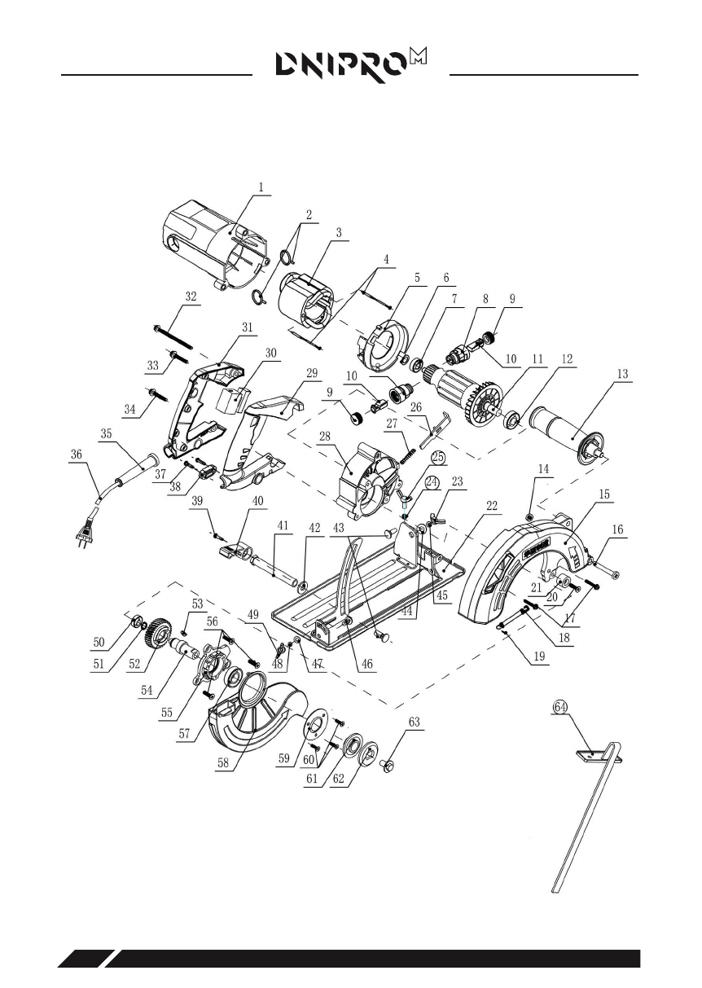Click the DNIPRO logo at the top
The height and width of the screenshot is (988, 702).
click(351, 65)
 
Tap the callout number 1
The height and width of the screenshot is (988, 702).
click(261, 187)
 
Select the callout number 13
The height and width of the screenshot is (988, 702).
click(622, 374)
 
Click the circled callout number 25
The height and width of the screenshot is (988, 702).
click(438, 458)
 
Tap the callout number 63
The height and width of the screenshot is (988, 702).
click(414, 722)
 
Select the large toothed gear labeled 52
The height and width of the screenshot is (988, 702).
click(155, 634)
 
